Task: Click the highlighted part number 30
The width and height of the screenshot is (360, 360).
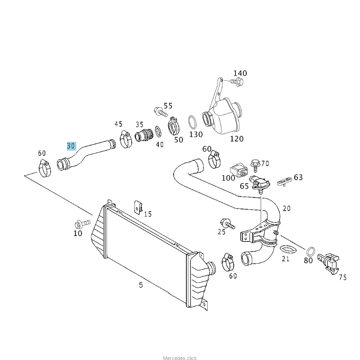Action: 71,146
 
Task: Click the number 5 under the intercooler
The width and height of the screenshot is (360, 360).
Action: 141,285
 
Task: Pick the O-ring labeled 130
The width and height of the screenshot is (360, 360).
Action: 193,122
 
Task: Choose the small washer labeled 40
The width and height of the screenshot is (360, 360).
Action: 158,132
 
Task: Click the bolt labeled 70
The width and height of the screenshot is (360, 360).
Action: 255,163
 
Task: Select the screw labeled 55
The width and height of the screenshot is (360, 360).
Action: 160,111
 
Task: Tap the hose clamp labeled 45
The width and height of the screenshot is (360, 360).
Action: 125,139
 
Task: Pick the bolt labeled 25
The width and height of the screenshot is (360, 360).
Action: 227,223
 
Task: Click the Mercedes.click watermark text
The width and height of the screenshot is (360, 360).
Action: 180,358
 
